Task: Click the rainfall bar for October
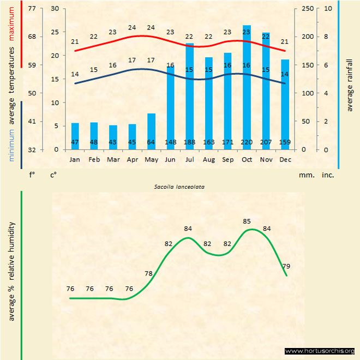pyautogui.click(x=247, y=87)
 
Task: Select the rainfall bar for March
pyautogui.click(x=113, y=137)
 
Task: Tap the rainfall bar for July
pyautogui.click(x=190, y=96)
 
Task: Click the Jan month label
pyautogui.click(x=75, y=159)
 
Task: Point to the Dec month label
pyautogui.click(x=285, y=159)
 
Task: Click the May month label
pyautogui.click(x=151, y=159)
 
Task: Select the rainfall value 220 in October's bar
pyautogui.click(x=247, y=143)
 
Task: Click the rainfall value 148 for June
pyautogui.click(x=170, y=143)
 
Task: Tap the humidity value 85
pyautogui.click(x=247, y=221)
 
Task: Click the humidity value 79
pyautogui.click(x=286, y=266)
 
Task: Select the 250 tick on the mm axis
pyautogui.click(x=308, y=9)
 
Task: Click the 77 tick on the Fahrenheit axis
pyautogui.click(x=32, y=9)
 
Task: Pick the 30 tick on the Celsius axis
pyautogui.click(x=54, y=9)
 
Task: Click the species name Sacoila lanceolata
pyautogui.click(x=176, y=187)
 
